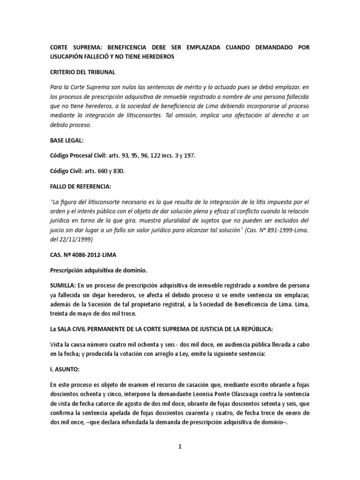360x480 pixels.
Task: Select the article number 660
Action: point(104,172)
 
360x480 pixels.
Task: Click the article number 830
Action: point(120,172)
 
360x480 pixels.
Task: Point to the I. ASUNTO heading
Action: point(64,369)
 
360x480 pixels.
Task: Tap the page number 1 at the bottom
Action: point(180,447)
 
